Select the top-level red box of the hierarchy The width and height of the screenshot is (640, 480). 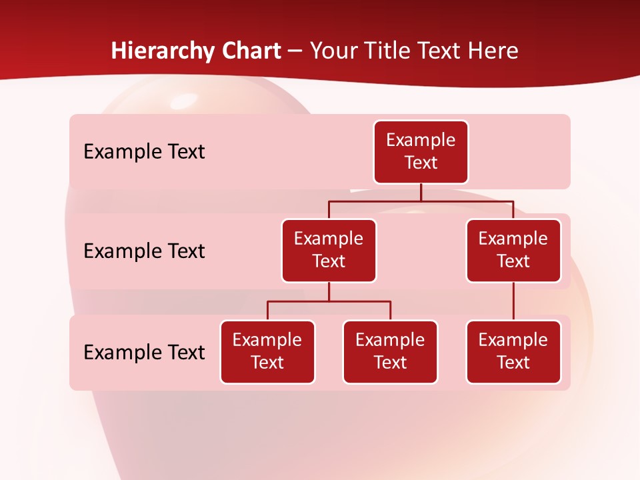coord(421,152)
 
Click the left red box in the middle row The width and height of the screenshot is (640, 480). coord(329,250)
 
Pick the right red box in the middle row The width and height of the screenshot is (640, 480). coord(513,250)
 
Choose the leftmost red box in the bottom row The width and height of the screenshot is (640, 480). coord(267,351)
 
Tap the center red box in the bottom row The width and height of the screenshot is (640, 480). coord(390,351)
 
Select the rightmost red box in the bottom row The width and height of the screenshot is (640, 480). coord(513,351)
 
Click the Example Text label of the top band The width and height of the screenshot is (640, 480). coord(144,152)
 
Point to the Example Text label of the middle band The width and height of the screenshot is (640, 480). coord(144,251)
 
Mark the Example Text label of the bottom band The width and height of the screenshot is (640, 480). coord(144,352)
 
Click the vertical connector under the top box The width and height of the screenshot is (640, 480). coord(421,192)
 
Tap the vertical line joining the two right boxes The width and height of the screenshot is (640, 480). coord(513,301)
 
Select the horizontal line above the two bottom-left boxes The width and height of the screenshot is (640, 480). coord(329,301)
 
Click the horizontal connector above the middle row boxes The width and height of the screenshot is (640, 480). coord(421,200)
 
